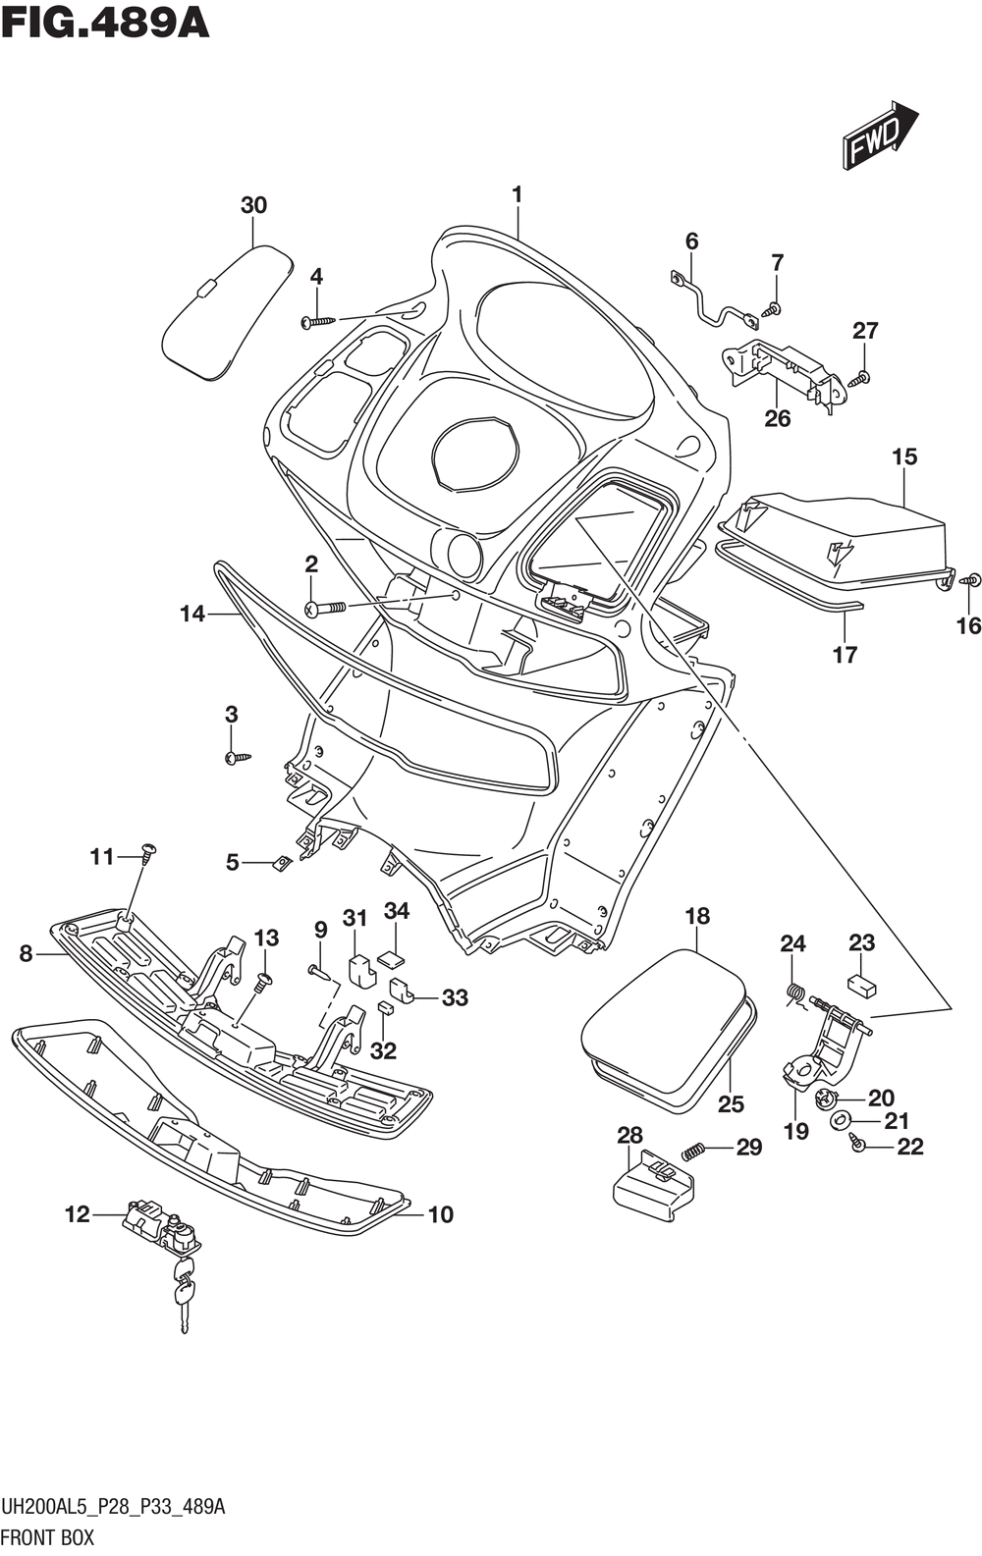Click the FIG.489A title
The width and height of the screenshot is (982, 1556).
105,26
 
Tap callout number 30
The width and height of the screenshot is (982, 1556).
253,205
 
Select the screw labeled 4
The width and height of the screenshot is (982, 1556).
318,321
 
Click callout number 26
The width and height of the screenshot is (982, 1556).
777,418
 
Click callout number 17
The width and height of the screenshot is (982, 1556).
845,655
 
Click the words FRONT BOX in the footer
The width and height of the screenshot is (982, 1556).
47,1537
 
